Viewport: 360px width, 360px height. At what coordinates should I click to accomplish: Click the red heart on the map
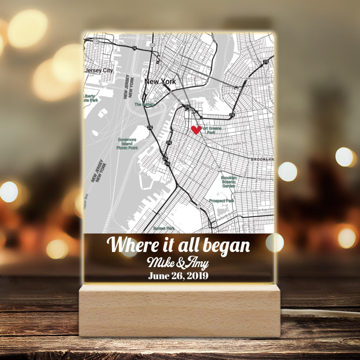pyautogui.click(x=196, y=130)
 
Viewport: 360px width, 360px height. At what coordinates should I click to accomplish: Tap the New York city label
pyautogui.click(x=160, y=81)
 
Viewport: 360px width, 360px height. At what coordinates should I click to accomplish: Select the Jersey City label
pyautogui.click(x=98, y=70)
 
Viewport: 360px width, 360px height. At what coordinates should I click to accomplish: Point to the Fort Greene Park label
pyautogui.click(x=211, y=130)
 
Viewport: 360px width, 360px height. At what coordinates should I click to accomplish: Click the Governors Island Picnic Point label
pyautogui.click(x=127, y=143)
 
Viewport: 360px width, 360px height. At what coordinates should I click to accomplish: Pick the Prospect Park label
pyautogui.click(x=221, y=201)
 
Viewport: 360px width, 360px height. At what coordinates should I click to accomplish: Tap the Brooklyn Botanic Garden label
pyautogui.click(x=229, y=182)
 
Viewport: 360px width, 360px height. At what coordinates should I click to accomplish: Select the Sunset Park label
pyautogui.click(x=164, y=228)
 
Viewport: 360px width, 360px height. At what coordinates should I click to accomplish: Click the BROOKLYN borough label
pyautogui.click(x=262, y=159)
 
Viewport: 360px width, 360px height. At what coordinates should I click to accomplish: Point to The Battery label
pyautogui.click(x=144, y=104)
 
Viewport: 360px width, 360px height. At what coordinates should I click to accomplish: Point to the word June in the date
pyautogui.click(x=159, y=276)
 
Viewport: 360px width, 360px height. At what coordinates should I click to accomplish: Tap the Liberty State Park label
pyautogui.click(x=90, y=98)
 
